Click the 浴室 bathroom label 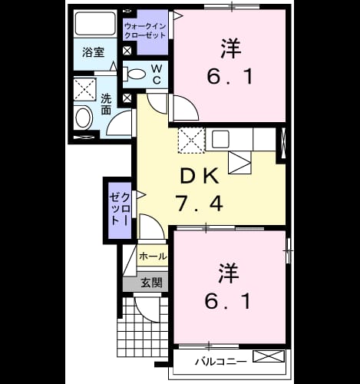pyautogui.click(x=94, y=52)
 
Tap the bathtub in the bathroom pyautogui.click(x=95, y=24)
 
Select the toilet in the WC pyautogui.click(x=134, y=74)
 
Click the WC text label pyautogui.click(x=157, y=74)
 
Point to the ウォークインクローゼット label pyautogui.click(x=145, y=31)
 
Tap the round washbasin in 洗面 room pyautogui.click(x=84, y=118)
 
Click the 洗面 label pyautogui.click(x=106, y=104)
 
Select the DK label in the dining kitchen pyautogui.click(x=200, y=176)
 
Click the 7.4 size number pyautogui.click(x=200, y=203)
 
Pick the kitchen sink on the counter pyautogui.click(x=220, y=139)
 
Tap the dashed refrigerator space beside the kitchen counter pyautogui.click(x=191, y=141)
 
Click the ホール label pyautogui.click(x=153, y=256)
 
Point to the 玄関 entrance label pyautogui.click(x=152, y=283)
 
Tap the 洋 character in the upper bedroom pyautogui.click(x=231, y=48)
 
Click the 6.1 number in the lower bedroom pyautogui.click(x=227, y=301)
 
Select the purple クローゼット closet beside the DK pyautogui.click(x=120, y=210)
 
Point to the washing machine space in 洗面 pyautogui.click(x=84, y=90)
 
